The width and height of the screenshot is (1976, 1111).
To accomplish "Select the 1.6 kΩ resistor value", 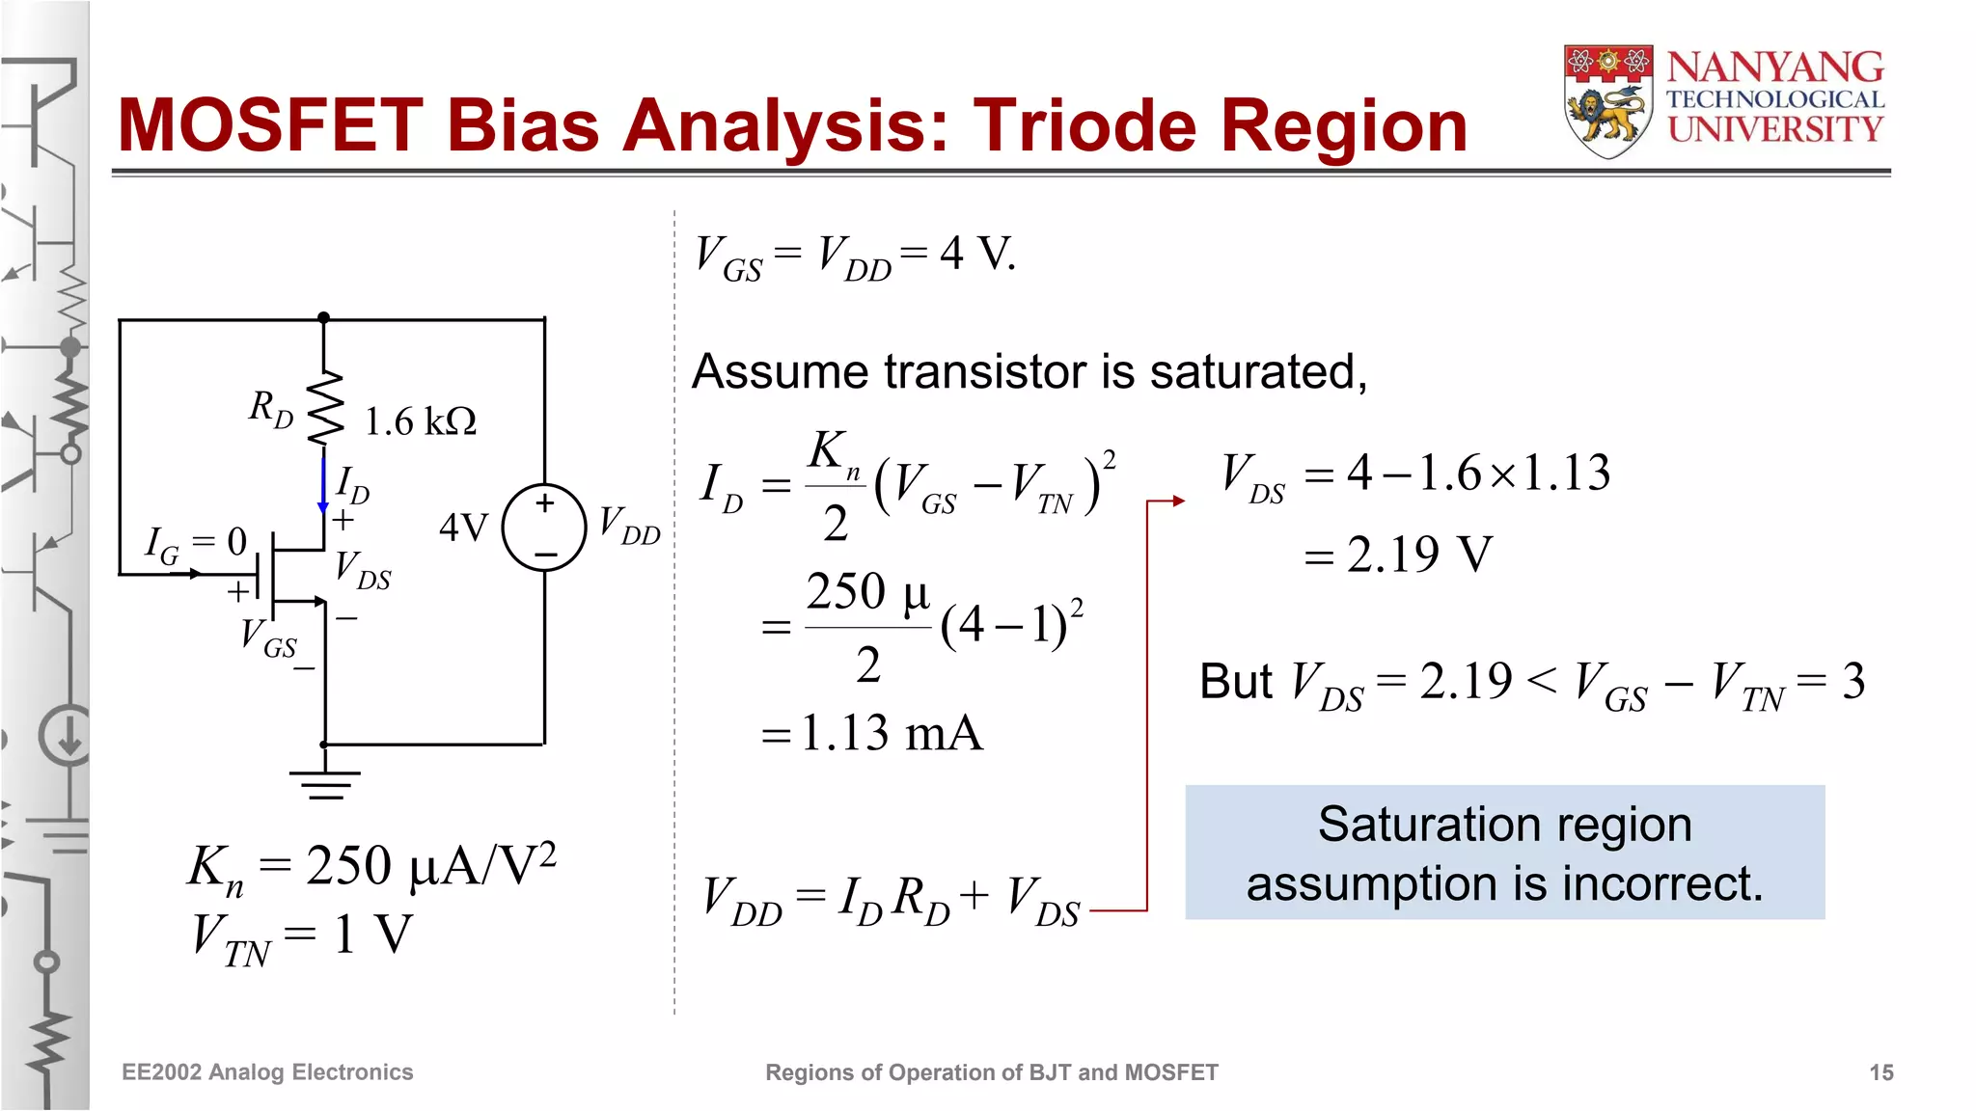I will pyautogui.click(x=420, y=421).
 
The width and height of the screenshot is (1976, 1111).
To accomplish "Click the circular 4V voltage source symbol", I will pyautogui.click(x=544, y=528).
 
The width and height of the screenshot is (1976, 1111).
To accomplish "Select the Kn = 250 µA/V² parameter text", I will pyautogui.click(x=371, y=865).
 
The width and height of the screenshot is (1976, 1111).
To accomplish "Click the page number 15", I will pyautogui.click(x=1880, y=1072).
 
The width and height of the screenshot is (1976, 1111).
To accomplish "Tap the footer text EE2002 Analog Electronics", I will pyautogui.click(x=267, y=1072).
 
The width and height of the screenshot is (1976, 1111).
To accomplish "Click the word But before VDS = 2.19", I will pyautogui.click(x=1235, y=682).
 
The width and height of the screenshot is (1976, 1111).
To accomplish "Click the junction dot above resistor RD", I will pyautogui.click(x=324, y=317).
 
